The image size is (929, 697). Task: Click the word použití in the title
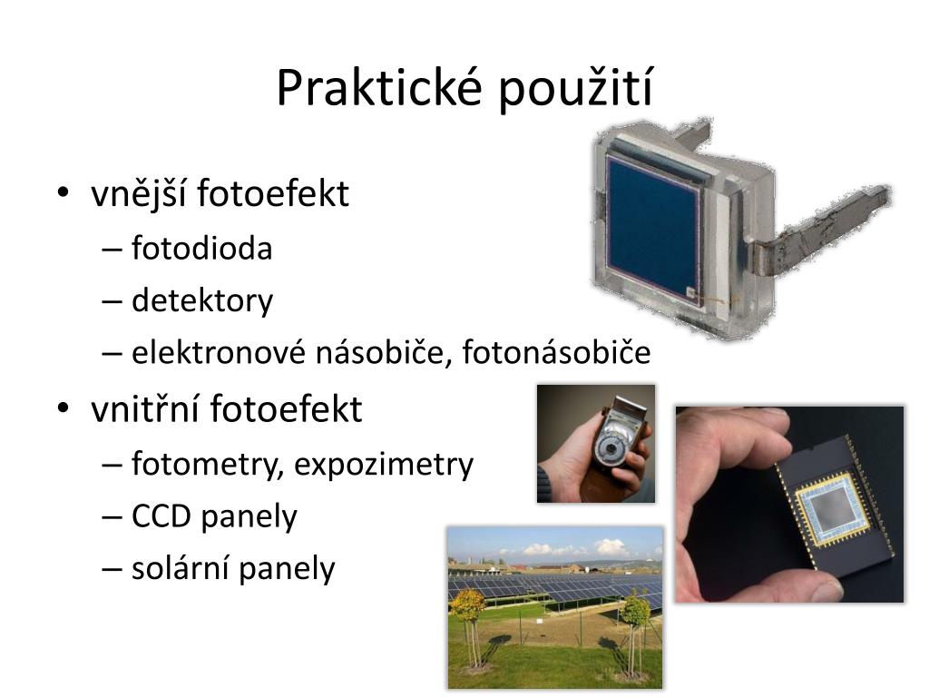(x=575, y=89)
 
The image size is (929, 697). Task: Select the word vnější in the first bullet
(x=139, y=193)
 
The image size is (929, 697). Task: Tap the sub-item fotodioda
(x=202, y=248)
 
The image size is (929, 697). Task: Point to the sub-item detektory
(x=202, y=300)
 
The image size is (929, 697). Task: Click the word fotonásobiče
(x=556, y=352)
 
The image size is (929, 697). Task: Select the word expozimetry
(x=384, y=464)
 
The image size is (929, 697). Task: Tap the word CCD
(x=161, y=516)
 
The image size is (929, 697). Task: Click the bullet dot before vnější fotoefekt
(x=63, y=192)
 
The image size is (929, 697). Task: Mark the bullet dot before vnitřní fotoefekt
(x=63, y=408)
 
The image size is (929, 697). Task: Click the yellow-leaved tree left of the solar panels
(x=467, y=604)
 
